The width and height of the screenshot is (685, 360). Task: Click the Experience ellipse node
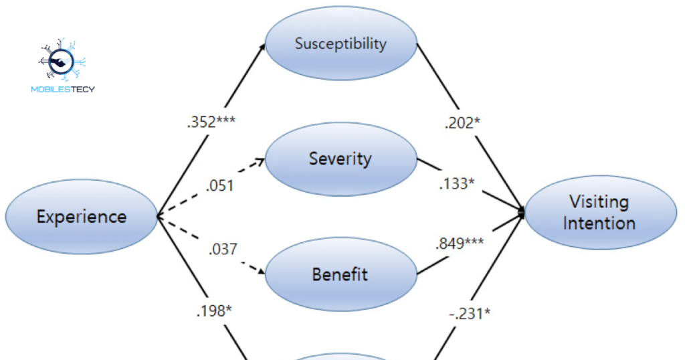click(x=81, y=216)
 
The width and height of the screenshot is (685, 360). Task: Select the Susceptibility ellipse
click(x=340, y=44)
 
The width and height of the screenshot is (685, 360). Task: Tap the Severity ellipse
click(x=340, y=159)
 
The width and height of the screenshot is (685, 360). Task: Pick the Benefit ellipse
click(x=340, y=274)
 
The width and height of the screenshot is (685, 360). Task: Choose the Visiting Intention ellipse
click(x=599, y=211)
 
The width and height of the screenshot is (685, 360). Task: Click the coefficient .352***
click(x=211, y=122)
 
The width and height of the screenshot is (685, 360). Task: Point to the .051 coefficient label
click(x=221, y=185)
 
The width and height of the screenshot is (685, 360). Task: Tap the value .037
click(x=223, y=249)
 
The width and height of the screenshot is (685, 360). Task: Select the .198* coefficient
click(x=214, y=310)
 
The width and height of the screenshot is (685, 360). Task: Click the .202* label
click(x=462, y=122)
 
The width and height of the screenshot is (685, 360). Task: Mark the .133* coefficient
click(x=457, y=183)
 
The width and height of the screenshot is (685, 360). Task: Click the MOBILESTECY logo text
click(x=63, y=88)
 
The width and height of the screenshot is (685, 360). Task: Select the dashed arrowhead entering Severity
click(x=261, y=161)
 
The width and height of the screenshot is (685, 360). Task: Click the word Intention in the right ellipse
click(x=599, y=222)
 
